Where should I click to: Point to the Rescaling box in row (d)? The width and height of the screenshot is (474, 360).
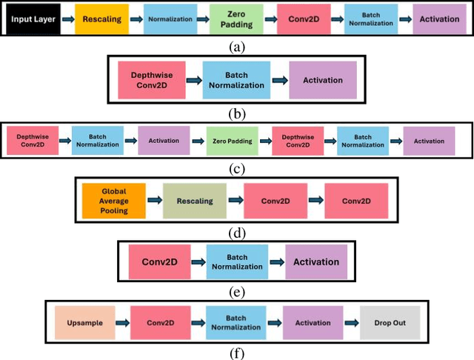[x=195, y=200]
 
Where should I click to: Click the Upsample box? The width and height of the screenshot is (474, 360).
[x=85, y=324]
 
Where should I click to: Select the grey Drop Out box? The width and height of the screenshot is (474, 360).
[x=390, y=324]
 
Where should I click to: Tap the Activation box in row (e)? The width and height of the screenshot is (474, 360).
[x=316, y=261]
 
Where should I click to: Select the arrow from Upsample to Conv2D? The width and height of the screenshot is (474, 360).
[x=122, y=324]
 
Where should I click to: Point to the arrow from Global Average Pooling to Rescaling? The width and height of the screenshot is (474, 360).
[x=154, y=200]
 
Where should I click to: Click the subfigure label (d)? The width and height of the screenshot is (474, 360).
[x=236, y=232]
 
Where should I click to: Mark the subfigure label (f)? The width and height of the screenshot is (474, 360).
[x=236, y=353]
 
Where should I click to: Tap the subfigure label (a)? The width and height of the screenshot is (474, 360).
[x=236, y=47]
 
